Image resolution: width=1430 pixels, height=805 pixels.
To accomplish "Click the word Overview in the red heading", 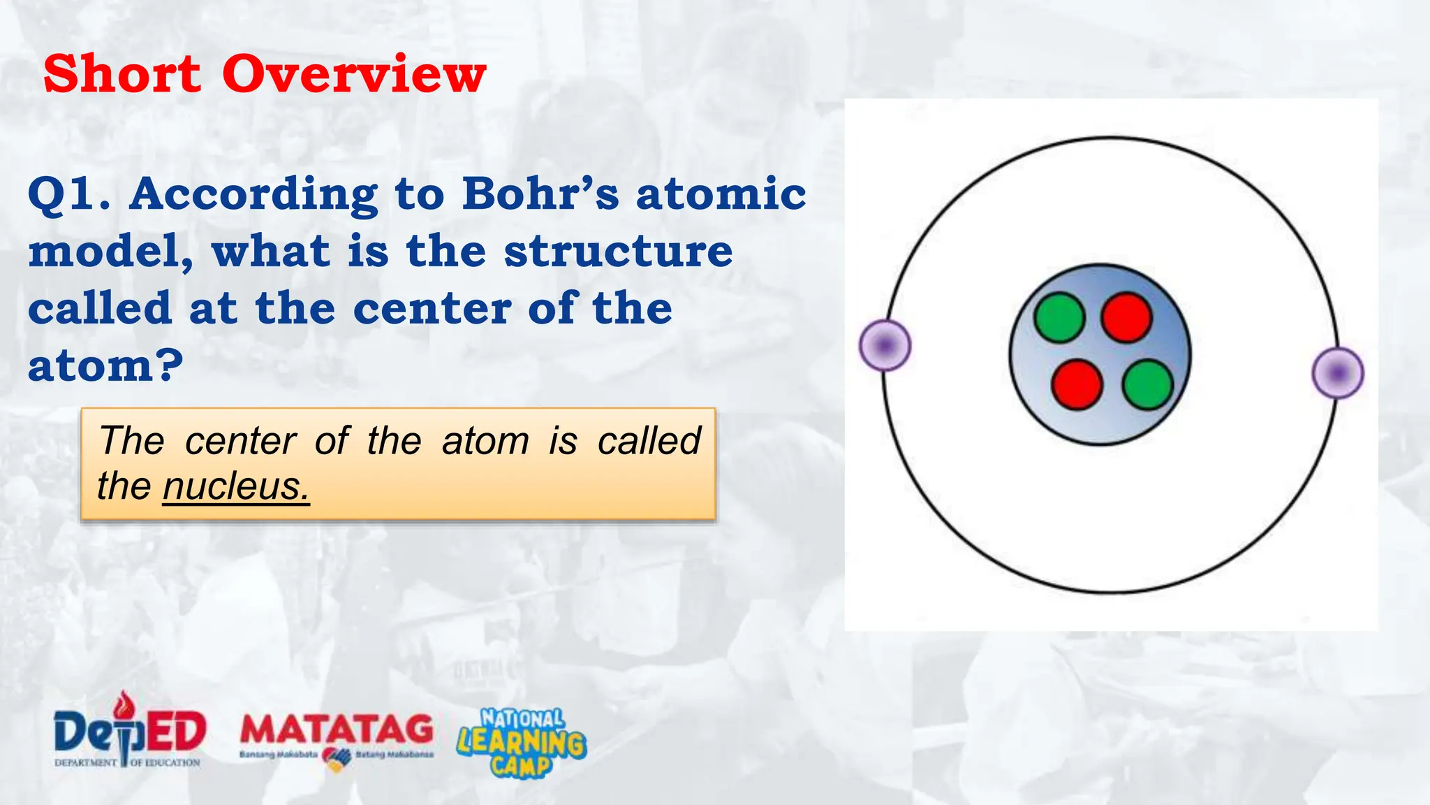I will pyautogui.click(x=354, y=74).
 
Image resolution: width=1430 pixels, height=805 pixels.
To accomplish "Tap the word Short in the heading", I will pyautogui.click(x=122, y=74).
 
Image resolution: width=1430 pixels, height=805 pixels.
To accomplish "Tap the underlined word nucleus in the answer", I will pyautogui.click(x=236, y=486).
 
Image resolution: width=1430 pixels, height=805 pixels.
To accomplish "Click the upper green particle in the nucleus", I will pyautogui.click(x=1059, y=318).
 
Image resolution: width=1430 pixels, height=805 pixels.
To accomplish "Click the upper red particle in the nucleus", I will pyautogui.click(x=1126, y=317).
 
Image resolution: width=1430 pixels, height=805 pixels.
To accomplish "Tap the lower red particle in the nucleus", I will pyautogui.click(x=1077, y=384).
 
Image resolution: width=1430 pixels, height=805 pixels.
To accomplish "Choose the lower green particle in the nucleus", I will pyautogui.click(x=1147, y=384).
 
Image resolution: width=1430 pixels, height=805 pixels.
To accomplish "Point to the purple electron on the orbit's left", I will pyautogui.click(x=885, y=345).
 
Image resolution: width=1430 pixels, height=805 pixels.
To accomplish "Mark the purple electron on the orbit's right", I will pyautogui.click(x=1338, y=373).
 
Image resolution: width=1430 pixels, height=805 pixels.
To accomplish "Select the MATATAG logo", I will pyautogui.click(x=337, y=738).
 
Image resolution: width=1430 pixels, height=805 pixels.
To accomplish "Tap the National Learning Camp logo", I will pyautogui.click(x=522, y=743).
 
